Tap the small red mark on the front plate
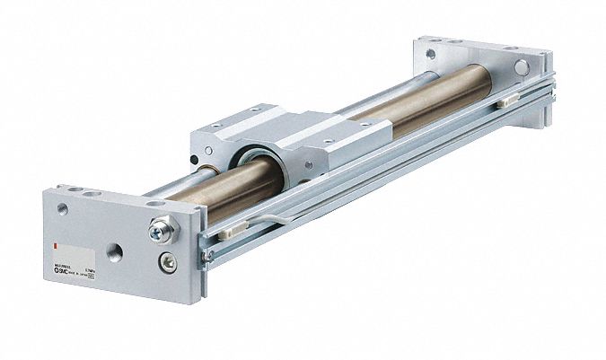click(57, 244)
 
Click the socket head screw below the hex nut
click(164, 262)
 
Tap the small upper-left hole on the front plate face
click(62, 208)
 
